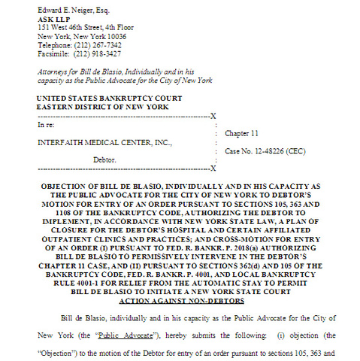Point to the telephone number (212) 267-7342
tap(102, 44)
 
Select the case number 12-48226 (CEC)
tap(263, 151)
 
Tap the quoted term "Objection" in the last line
tap(57, 352)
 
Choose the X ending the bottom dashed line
tap(213, 168)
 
